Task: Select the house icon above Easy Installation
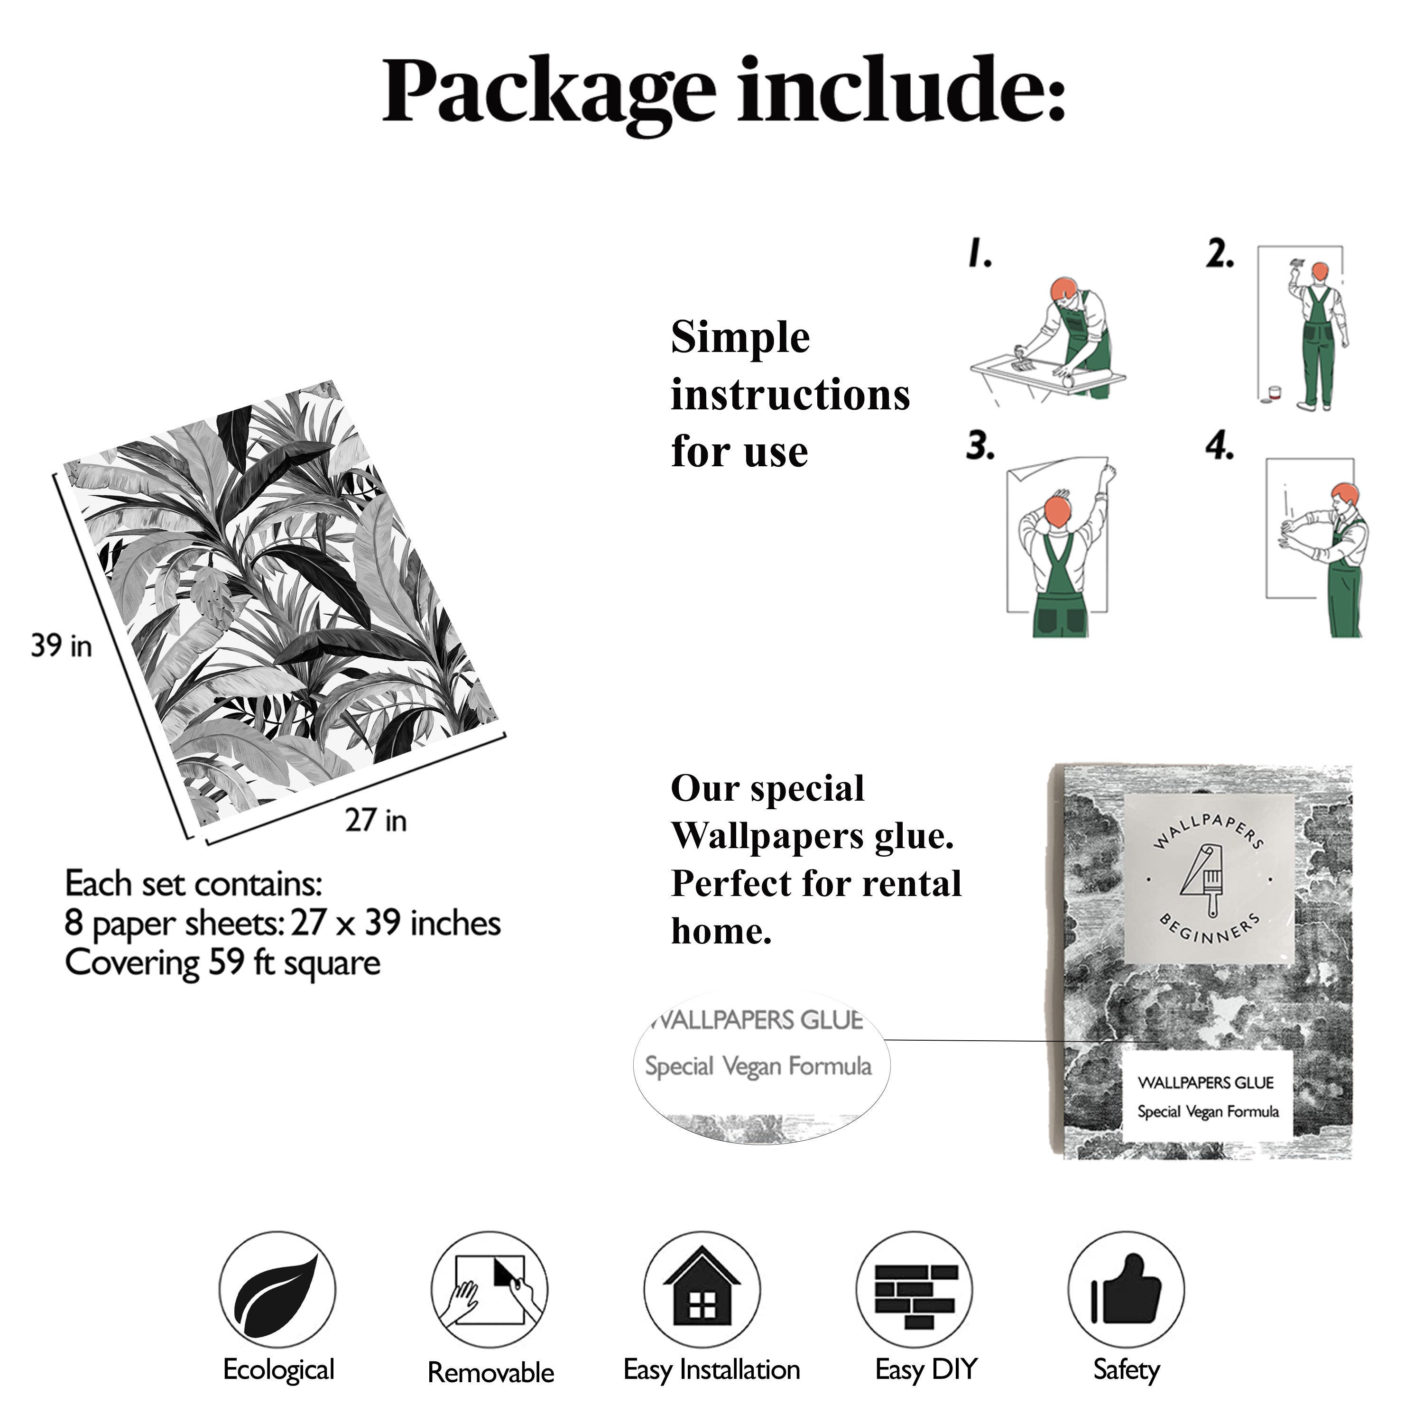coord(702,1290)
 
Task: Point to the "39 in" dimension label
coord(61,646)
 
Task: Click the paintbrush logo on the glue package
coord(1209,881)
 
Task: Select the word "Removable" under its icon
coord(490,1372)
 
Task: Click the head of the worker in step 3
coord(1058,510)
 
